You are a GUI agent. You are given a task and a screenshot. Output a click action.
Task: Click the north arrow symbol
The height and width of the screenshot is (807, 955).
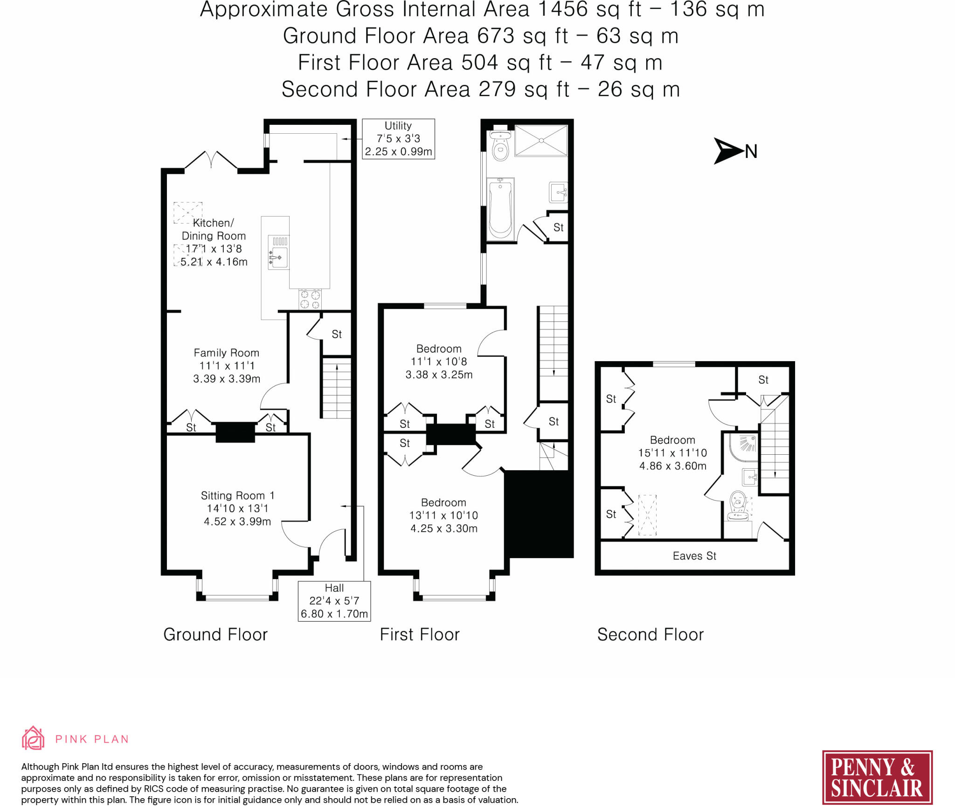coord(728,151)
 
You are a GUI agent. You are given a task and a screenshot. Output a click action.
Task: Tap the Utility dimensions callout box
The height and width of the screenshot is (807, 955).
coord(399,139)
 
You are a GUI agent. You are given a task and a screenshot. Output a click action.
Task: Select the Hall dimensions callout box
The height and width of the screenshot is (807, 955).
coord(334,601)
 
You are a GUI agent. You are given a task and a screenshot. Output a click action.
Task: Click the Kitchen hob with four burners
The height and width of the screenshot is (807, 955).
coord(310,299)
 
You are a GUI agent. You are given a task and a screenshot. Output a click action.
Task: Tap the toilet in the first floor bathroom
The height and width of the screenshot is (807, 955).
coord(500,145)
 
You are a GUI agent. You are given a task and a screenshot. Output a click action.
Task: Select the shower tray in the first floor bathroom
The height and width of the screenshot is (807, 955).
coord(541,140)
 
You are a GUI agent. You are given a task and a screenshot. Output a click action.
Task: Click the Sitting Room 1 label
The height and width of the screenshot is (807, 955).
coord(237,495)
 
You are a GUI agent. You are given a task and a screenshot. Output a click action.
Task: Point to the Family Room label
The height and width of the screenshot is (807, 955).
coord(226,353)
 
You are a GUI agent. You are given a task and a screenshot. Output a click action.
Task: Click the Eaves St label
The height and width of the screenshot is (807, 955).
coord(694,556)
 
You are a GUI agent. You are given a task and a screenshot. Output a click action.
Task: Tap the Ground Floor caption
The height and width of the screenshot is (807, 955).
coord(215,635)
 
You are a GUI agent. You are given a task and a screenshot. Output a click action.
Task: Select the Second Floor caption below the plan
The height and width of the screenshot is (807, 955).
coord(651,635)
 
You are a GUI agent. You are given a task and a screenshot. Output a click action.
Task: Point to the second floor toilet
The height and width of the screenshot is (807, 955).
coord(738,506)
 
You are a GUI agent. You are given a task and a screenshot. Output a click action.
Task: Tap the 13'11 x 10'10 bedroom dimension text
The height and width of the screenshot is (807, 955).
coord(443,515)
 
